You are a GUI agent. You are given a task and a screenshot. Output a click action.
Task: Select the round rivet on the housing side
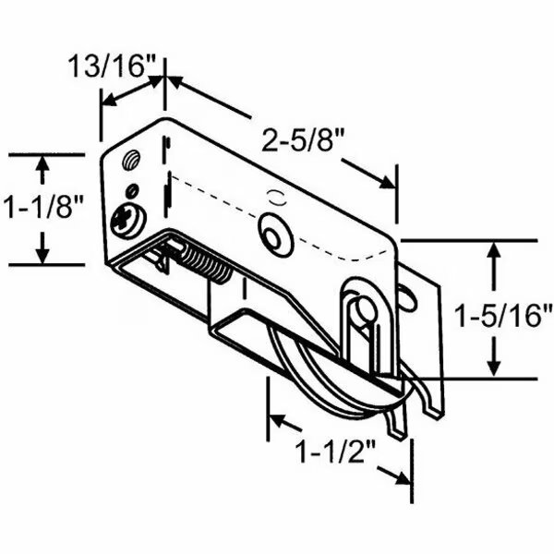pyautogui.click(x=274, y=232)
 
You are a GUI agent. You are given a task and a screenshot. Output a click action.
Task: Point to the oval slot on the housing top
pyautogui.click(x=274, y=195)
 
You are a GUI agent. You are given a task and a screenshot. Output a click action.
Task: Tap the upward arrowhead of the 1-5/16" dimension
pyautogui.click(x=497, y=251)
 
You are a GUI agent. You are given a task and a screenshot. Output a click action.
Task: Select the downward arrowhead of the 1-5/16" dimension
pyautogui.click(x=497, y=367)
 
